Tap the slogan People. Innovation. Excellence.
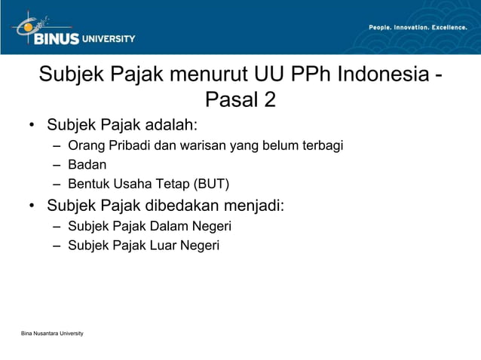tap(418, 28)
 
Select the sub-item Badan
tap(87, 164)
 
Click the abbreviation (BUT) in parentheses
tap(211, 184)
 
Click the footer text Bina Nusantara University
tap(53, 333)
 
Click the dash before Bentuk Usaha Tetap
tap(57, 184)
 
